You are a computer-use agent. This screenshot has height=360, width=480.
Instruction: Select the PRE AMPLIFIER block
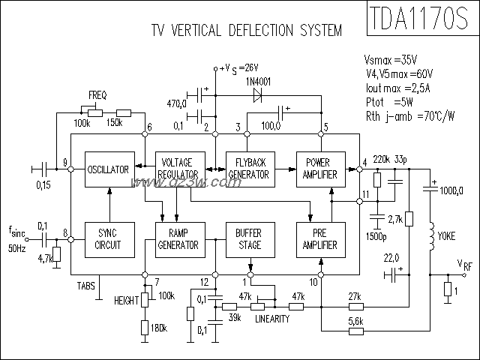click(319, 239)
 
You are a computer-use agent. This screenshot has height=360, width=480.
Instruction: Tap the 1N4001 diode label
click(259, 80)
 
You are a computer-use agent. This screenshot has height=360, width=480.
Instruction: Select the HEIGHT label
click(127, 300)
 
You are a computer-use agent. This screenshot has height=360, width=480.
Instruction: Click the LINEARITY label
click(271, 319)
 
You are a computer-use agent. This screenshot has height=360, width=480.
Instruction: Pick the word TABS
click(87, 286)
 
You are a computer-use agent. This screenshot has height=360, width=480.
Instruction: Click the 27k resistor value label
click(355, 295)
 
